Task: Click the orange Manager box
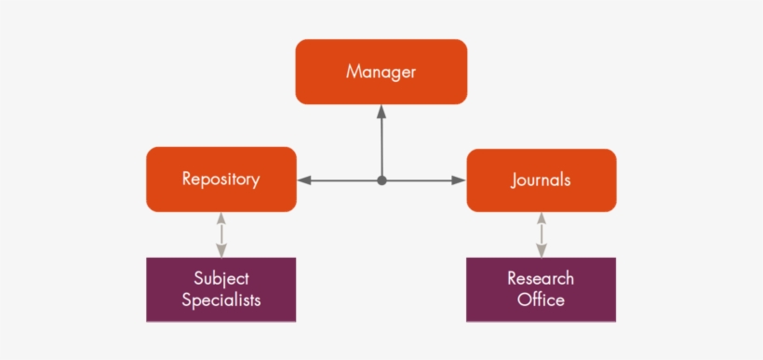click(x=381, y=72)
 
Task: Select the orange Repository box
click(x=221, y=180)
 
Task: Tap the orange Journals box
click(x=541, y=180)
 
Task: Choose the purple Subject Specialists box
click(x=221, y=289)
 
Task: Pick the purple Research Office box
click(x=541, y=289)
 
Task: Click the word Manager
click(x=381, y=72)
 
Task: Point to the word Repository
click(x=221, y=180)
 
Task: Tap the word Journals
click(x=541, y=180)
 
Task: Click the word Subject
click(x=221, y=278)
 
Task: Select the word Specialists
click(x=221, y=300)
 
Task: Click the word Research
click(x=541, y=278)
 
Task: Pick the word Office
click(x=541, y=300)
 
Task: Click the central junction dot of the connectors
click(x=381, y=180)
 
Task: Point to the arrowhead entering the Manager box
click(x=381, y=111)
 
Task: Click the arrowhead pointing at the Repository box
click(x=304, y=180)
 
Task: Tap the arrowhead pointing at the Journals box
click(x=459, y=180)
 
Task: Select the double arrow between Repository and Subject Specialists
click(x=221, y=234)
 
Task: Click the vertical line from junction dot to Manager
click(x=381, y=144)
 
